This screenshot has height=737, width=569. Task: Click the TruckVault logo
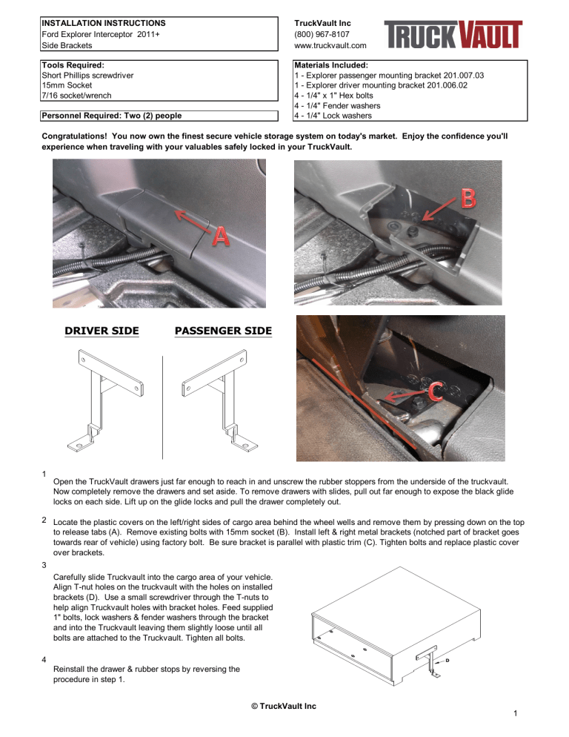[x=453, y=34]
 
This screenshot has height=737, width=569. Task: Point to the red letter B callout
[x=468, y=199]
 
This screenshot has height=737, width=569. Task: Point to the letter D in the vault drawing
[x=447, y=658]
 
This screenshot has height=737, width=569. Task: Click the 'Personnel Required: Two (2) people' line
[x=112, y=115]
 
